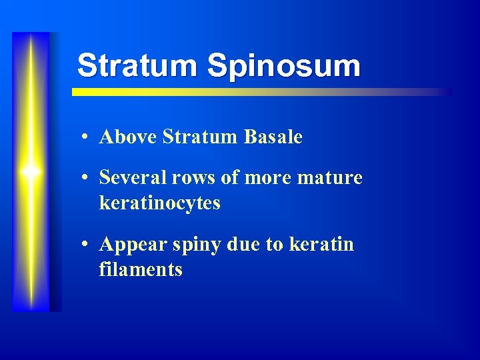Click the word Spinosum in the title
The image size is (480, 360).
pyautogui.click(x=283, y=66)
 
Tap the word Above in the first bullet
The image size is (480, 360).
pyautogui.click(x=128, y=137)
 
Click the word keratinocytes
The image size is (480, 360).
pyautogui.click(x=159, y=203)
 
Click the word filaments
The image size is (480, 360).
pyautogui.click(x=141, y=269)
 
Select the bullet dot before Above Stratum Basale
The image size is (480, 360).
pyautogui.click(x=87, y=138)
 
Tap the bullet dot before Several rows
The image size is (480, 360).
pyautogui.click(x=87, y=179)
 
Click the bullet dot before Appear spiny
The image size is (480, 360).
pyautogui.click(x=87, y=245)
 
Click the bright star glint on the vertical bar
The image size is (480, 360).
pyautogui.click(x=31, y=171)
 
